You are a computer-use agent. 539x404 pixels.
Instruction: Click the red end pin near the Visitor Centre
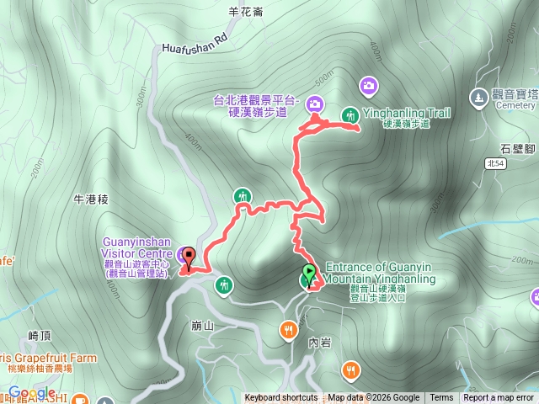tap(188, 257)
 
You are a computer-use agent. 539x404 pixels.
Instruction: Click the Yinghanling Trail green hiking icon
tap(350, 115)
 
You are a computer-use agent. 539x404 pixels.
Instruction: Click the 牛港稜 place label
tap(92, 199)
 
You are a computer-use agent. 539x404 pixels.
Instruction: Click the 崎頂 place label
tap(40, 335)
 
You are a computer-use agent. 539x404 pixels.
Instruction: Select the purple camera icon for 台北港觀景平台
tap(315, 104)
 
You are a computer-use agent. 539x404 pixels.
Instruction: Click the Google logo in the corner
tap(32, 393)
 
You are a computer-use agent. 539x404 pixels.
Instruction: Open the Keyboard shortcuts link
tap(281, 398)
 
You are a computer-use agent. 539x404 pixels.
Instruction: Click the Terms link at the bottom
tap(441, 398)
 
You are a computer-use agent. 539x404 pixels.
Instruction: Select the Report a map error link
tap(499, 398)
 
